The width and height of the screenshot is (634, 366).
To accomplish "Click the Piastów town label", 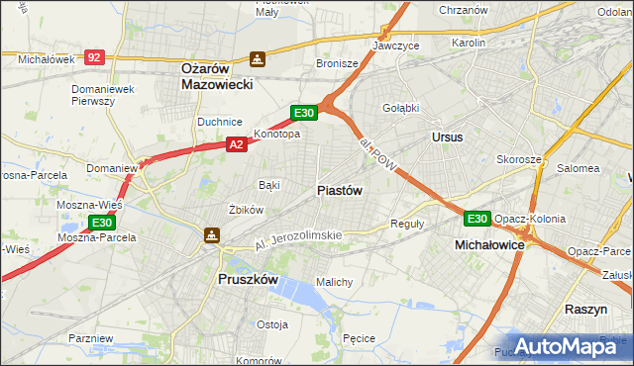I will (x=340, y=190).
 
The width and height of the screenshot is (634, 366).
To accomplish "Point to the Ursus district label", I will (x=447, y=137).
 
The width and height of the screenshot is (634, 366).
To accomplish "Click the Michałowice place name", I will (x=489, y=243).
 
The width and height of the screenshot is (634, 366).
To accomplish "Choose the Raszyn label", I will (x=585, y=310).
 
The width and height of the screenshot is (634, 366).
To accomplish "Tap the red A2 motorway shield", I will (x=236, y=144).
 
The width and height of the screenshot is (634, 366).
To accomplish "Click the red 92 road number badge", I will (x=94, y=58).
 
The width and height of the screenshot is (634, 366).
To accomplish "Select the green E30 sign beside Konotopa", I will (x=304, y=113).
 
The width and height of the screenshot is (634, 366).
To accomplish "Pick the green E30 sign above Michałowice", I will (x=477, y=219).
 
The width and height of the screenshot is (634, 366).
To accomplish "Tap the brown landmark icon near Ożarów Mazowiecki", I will (x=258, y=59).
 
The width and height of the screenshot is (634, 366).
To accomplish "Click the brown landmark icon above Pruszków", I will (x=211, y=235).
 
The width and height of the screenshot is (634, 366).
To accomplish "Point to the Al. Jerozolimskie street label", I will (x=297, y=236).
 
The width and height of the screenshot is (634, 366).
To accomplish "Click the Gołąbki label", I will (x=399, y=108).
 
